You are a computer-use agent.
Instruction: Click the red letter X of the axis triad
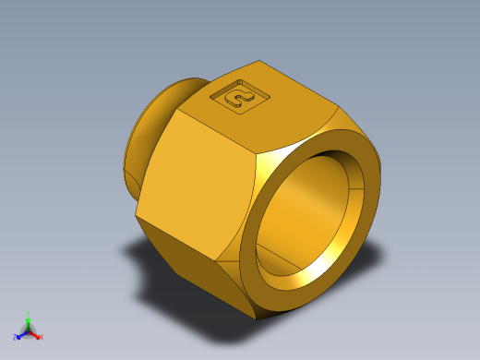click(42, 337)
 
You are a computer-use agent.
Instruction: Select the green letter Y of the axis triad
click(29, 314)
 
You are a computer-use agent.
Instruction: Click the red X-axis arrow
click(35, 333)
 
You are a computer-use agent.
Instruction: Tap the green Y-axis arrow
click(29, 321)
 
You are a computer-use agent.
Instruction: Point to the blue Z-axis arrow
click(21, 334)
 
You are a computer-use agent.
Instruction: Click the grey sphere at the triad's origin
click(29, 330)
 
